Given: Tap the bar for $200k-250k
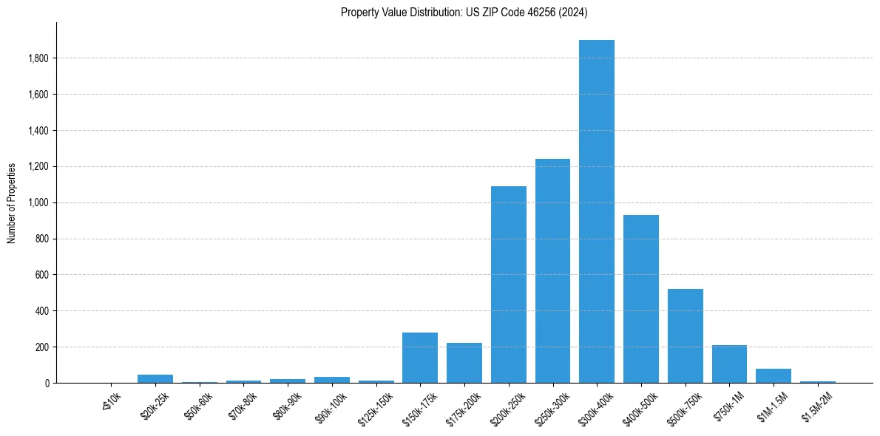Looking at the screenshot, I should point(509,285).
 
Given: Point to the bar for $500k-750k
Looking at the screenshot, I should point(686,335).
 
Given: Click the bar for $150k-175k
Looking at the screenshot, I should point(420,358).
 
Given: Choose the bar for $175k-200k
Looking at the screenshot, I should point(464,363).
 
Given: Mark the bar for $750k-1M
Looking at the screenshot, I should point(729,364).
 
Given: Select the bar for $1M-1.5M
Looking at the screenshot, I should point(774,375).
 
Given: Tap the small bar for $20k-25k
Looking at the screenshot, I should point(155,378).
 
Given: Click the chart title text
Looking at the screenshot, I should point(464,12).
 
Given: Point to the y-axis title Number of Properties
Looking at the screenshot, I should point(12,202).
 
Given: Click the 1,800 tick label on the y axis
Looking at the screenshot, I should point(38,58).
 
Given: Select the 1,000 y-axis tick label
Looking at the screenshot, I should point(38,202).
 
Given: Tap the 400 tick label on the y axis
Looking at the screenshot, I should point(41,311).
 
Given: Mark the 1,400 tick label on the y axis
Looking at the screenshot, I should point(38,131).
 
